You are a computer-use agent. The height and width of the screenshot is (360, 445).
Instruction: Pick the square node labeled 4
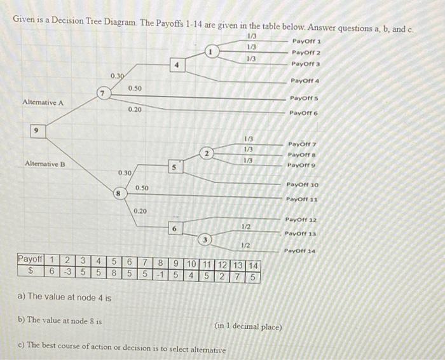coord(179,64)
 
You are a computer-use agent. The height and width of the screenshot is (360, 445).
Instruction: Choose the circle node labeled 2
coord(207,153)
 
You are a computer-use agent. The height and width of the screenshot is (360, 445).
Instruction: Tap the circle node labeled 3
coord(205,240)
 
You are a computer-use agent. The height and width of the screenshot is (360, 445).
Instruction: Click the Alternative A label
coord(43,102)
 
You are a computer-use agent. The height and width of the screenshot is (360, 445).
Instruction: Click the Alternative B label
coord(45,164)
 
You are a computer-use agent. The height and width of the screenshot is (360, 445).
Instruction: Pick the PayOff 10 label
coord(303,184)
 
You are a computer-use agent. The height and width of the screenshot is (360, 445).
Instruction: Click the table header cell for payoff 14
coord(252,265)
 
